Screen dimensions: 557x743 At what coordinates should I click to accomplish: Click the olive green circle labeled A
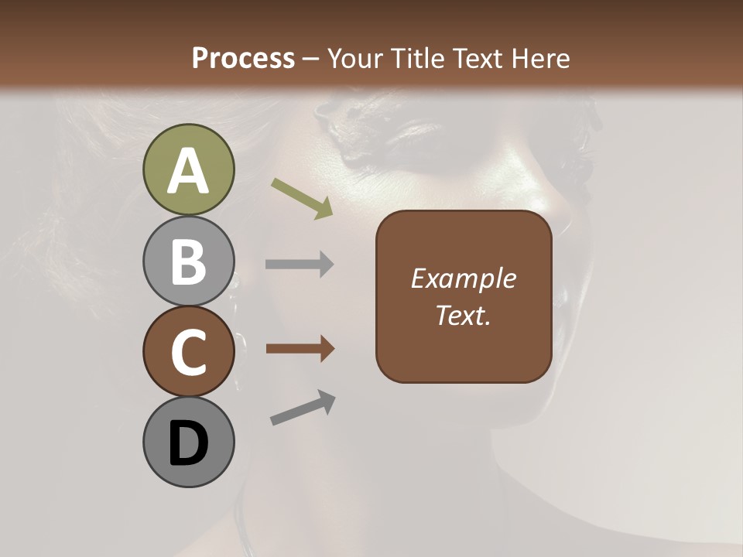pyautogui.click(x=188, y=169)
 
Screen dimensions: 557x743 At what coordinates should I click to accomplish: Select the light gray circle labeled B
pyautogui.click(x=188, y=261)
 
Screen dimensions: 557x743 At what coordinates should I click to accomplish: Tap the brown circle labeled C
pyautogui.click(x=188, y=351)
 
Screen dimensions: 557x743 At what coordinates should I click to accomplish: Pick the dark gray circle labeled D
pyautogui.click(x=188, y=443)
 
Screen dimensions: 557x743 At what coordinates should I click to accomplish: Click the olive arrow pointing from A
pyautogui.click(x=302, y=197)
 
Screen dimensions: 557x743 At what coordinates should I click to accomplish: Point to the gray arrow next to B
pyautogui.click(x=300, y=265)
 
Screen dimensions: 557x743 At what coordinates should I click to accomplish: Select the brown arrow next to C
pyautogui.click(x=300, y=349)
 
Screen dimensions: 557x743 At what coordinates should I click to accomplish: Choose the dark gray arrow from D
pyautogui.click(x=303, y=408)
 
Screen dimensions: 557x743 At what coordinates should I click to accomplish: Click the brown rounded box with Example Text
pyautogui.click(x=464, y=296)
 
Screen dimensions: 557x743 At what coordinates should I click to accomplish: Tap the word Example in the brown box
pyautogui.click(x=464, y=278)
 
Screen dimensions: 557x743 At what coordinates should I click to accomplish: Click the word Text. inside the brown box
pyautogui.click(x=464, y=315)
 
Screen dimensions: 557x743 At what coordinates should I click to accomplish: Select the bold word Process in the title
pyautogui.click(x=243, y=58)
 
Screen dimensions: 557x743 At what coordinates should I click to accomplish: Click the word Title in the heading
pyautogui.click(x=417, y=58)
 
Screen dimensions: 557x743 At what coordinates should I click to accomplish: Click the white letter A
pyautogui.click(x=188, y=171)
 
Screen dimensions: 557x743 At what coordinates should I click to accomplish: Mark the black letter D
pyautogui.click(x=188, y=444)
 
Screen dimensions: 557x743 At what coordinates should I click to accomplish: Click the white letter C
pyautogui.click(x=188, y=353)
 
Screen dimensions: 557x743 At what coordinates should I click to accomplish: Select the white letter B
pyautogui.click(x=188, y=262)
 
